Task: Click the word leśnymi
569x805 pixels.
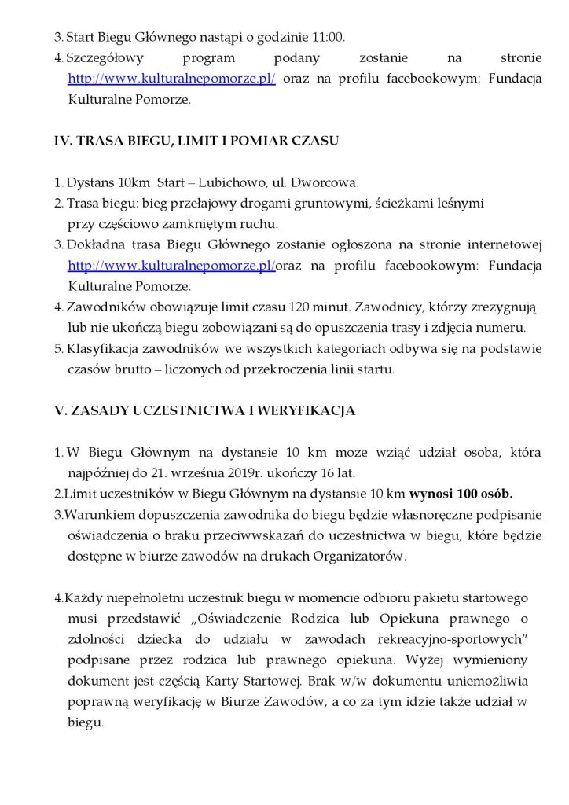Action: coord(452,203)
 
